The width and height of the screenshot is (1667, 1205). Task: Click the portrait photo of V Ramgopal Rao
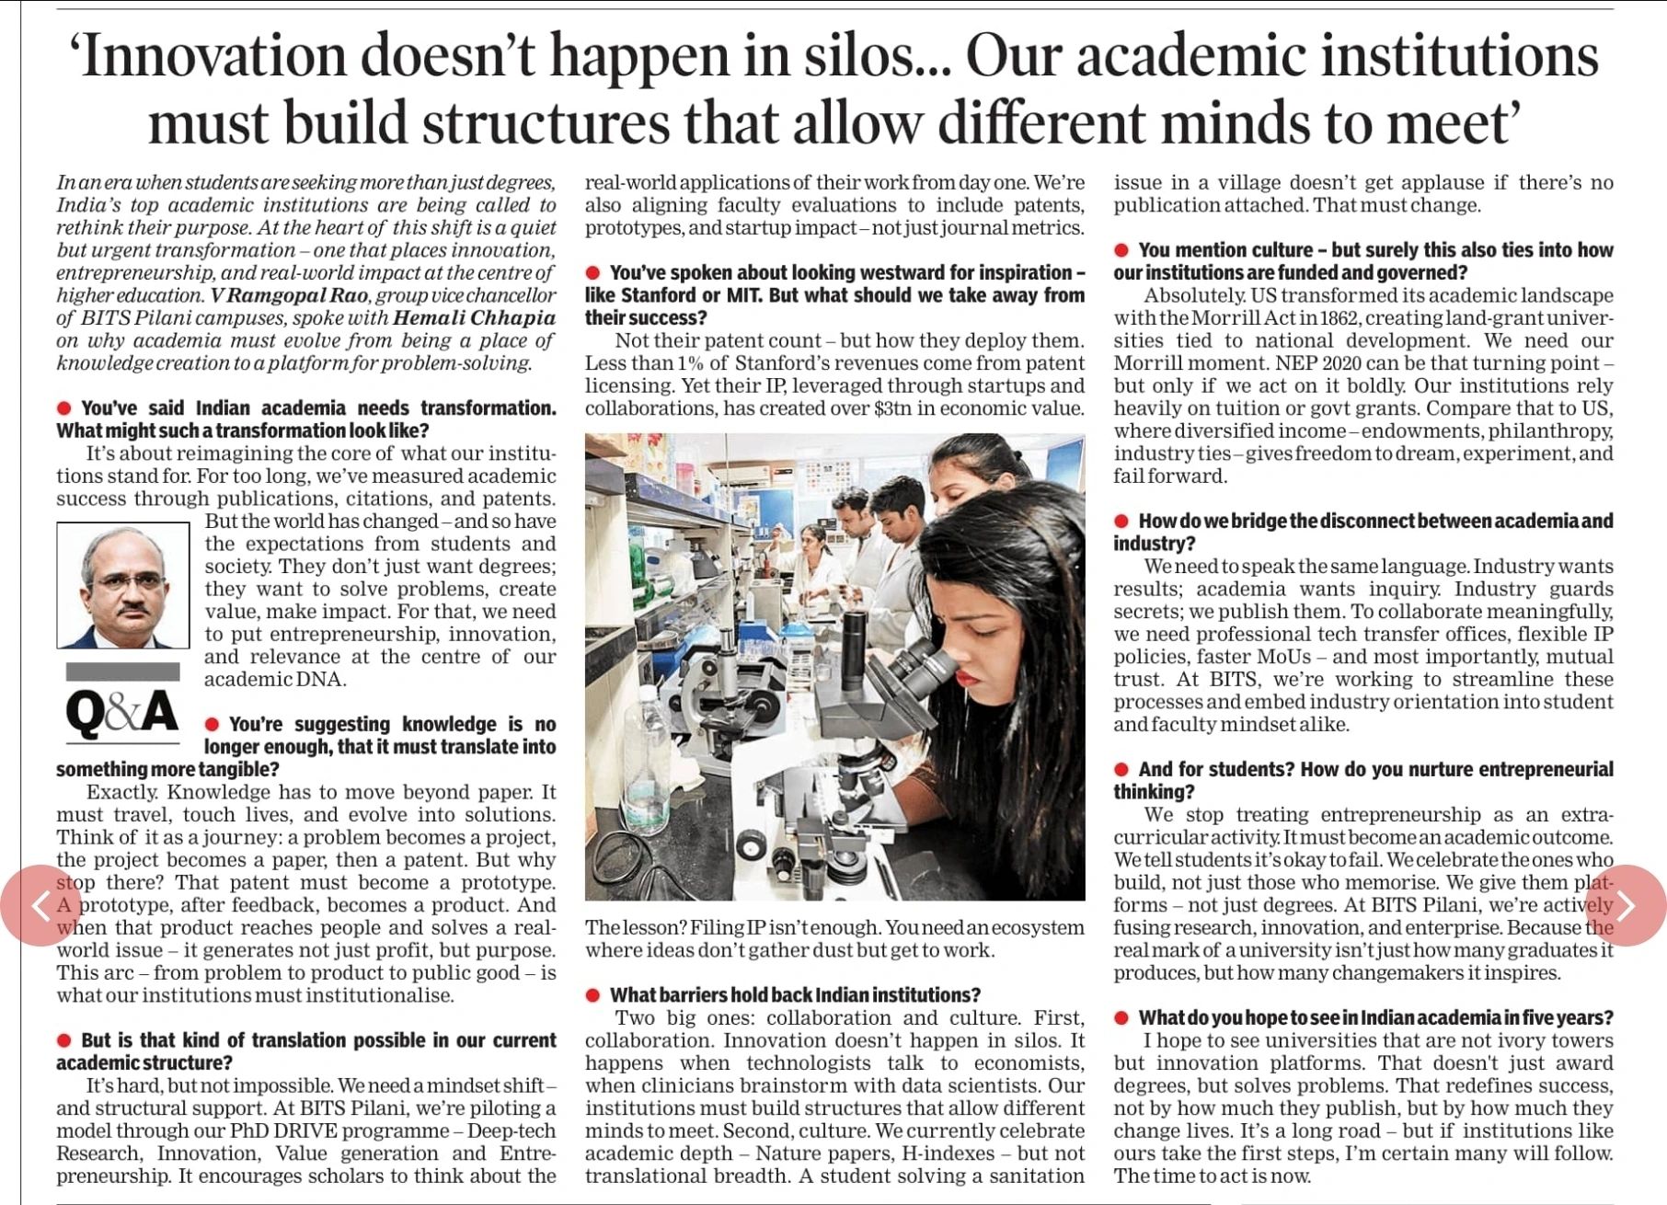(123, 585)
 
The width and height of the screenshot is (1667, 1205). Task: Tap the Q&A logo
(122, 714)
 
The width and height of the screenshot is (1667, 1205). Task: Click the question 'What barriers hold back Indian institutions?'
(795, 995)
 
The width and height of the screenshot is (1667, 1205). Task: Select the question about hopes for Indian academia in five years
(1375, 1017)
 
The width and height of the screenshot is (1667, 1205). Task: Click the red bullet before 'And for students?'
(1121, 769)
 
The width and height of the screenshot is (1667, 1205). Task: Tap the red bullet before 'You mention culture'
(1121, 250)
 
